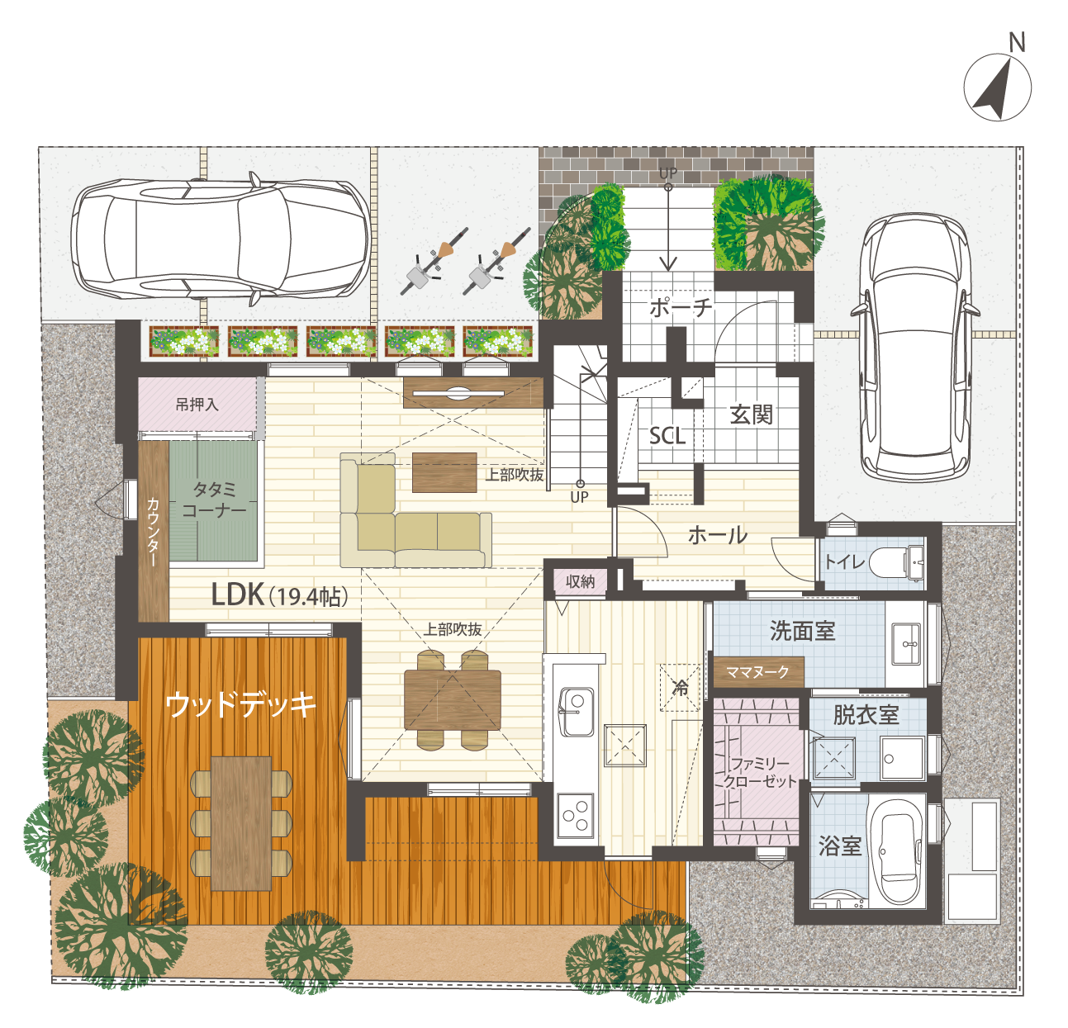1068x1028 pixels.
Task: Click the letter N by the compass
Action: [x=1017, y=42]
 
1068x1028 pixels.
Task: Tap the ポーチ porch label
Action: [x=681, y=308]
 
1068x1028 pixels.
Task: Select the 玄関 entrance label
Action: [x=752, y=415]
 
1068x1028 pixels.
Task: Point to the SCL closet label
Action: [x=667, y=436]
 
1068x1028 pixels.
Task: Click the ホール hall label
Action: [x=718, y=535]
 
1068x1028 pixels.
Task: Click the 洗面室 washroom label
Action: [x=802, y=632]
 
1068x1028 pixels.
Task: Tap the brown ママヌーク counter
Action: [x=758, y=672]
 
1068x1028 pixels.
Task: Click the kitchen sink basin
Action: [x=576, y=712]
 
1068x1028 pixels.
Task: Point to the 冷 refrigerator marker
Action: [x=681, y=688]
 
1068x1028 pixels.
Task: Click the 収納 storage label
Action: [x=580, y=581]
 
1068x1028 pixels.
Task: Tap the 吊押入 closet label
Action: [x=197, y=405]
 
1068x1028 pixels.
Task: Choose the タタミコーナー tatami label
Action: [x=214, y=500]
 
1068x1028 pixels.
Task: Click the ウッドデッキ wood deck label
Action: [x=240, y=705]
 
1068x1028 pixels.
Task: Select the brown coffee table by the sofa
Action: [x=444, y=472]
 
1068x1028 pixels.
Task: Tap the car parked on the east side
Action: [x=914, y=348]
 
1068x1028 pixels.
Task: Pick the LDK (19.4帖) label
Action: [x=280, y=595]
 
